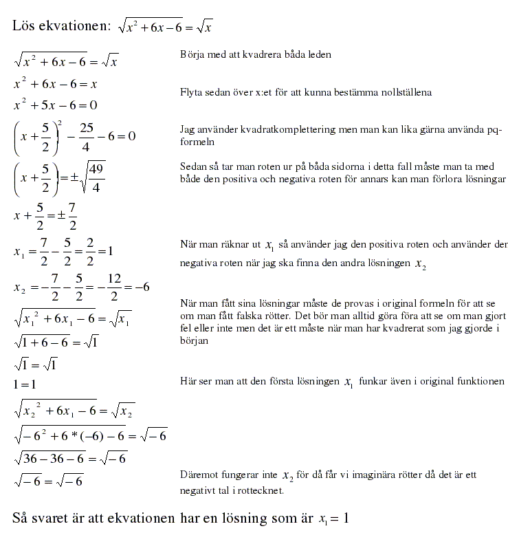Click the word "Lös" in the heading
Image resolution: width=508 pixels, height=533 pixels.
[x=25, y=26]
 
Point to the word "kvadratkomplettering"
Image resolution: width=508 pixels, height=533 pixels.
[x=276, y=129]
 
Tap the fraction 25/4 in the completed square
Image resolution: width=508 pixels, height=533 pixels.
[x=86, y=135]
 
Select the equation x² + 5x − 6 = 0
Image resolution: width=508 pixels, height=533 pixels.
[x=56, y=105]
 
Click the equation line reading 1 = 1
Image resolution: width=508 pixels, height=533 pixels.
[x=24, y=384]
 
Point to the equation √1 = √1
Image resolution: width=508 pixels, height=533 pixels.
[x=35, y=364]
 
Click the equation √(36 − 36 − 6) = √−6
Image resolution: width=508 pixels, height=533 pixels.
[x=70, y=457]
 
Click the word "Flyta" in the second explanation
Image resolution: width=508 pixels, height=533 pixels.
[x=191, y=91]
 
